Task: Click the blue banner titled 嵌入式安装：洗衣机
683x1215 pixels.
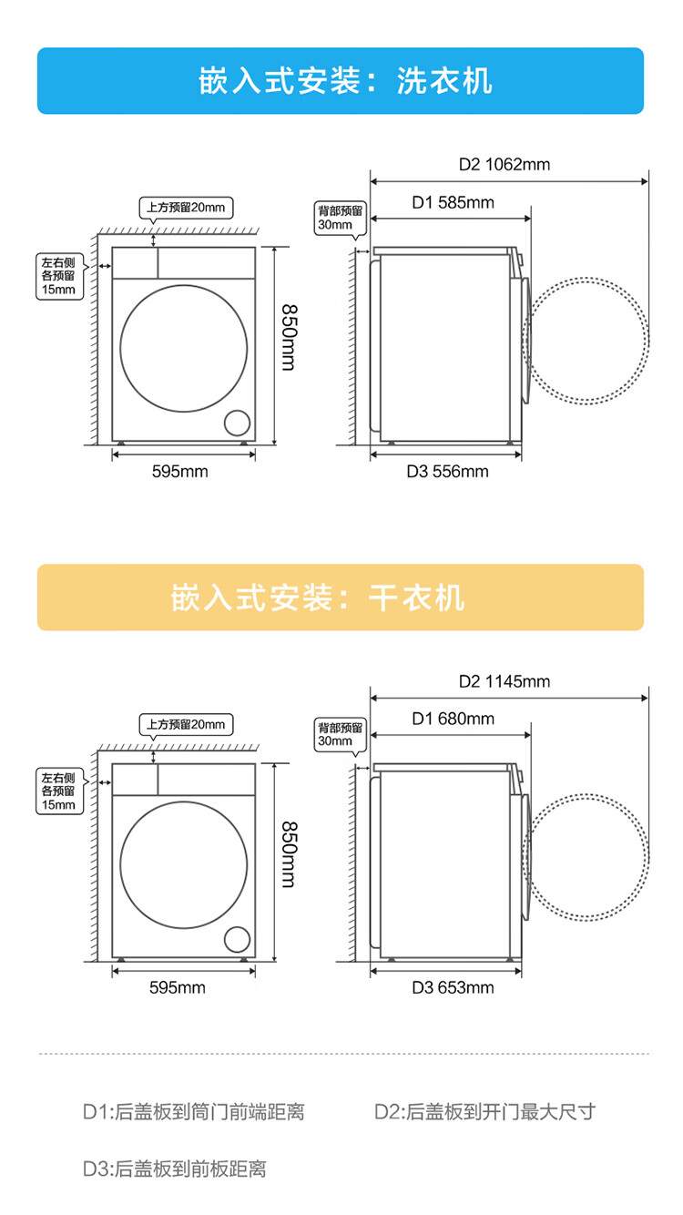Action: click(341, 81)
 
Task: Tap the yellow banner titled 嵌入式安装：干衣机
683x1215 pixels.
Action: click(341, 597)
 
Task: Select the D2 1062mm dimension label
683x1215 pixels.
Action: click(504, 164)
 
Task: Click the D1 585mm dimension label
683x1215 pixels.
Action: click(453, 203)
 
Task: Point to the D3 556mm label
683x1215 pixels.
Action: click(447, 472)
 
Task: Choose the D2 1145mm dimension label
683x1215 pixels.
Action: click(504, 681)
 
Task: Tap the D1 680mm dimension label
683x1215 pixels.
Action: click(453, 719)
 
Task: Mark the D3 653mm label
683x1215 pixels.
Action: click(453, 987)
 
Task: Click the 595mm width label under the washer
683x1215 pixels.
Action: click(179, 472)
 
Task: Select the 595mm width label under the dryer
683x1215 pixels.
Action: click(178, 987)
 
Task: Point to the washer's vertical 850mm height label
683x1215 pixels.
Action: click(290, 337)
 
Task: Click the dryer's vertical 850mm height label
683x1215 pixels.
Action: click(290, 855)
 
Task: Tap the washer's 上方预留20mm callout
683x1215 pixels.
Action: click(186, 208)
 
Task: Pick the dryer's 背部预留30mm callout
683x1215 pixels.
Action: click(341, 736)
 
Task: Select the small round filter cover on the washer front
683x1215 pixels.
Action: click(237, 423)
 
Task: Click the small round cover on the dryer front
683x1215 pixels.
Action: click(237, 939)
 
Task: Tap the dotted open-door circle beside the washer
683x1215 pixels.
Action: click(648, 341)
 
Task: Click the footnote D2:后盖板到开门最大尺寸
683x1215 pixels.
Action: click(485, 1112)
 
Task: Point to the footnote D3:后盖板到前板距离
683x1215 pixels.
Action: click(174, 1169)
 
